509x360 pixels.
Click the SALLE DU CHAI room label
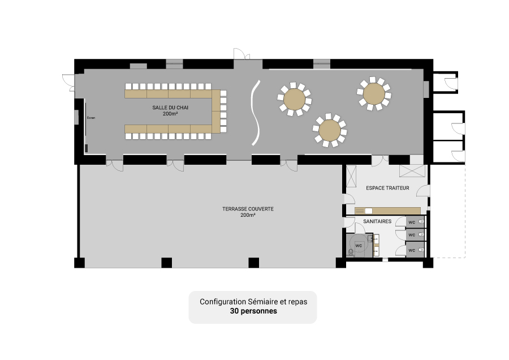(170, 108)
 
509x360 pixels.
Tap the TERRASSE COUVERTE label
(248, 209)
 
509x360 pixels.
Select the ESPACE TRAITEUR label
(387, 188)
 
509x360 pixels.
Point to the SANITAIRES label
(377, 221)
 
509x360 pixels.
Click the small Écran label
(91, 118)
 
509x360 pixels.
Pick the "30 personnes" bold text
(253, 311)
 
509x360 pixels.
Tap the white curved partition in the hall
(256, 113)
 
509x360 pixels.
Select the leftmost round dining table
(295, 99)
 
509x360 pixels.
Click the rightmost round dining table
(374, 93)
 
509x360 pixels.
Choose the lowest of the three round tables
(330, 130)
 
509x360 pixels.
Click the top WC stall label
(412, 222)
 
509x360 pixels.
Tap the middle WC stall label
(412, 234)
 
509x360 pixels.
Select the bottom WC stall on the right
(415, 250)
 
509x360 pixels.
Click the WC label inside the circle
(359, 246)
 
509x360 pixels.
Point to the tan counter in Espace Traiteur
(387, 211)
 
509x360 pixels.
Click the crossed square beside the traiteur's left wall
(351, 177)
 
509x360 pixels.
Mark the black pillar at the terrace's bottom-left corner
(80, 263)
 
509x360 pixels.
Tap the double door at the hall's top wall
(242, 54)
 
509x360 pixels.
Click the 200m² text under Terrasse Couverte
(248, 215)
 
